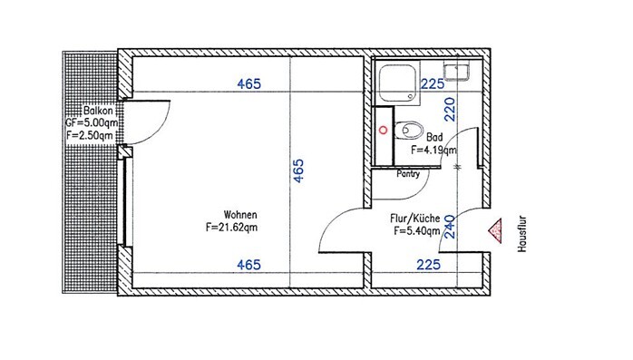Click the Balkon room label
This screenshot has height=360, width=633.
click(98, 111)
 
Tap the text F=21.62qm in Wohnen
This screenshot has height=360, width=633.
click(231, 228)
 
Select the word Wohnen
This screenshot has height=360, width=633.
click(240, 214)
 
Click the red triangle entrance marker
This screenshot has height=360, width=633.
click(496, 231)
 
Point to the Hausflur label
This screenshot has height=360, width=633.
click(522, 234)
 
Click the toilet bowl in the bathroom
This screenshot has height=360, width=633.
click(409, 130)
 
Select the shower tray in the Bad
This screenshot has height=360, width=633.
click(397, 83)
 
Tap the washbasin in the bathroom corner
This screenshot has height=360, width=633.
click(457, 71)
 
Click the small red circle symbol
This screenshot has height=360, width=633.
click(383, 130)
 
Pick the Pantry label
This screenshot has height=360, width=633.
click(408, 174)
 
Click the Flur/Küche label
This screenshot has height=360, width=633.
click(415, 219)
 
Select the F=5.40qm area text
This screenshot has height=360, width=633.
click(417, 231)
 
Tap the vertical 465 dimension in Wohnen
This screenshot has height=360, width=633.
click(298, 170)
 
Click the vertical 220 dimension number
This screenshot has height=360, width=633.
click(450, 109)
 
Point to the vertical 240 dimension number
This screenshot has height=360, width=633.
click(450, 227)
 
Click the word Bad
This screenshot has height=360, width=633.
click(434, 137)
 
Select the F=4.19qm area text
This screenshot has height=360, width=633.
click(433, 150)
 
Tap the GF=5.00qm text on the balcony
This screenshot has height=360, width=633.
click(92, 122)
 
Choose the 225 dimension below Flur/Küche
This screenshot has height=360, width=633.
click(428, 265)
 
